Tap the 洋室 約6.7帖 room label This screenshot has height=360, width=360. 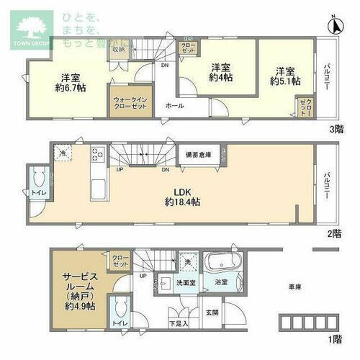[70, 83]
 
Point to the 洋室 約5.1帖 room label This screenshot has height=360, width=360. [284, 76]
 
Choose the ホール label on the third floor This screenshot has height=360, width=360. [174, 106]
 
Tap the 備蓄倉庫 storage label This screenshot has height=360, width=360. [198, 154]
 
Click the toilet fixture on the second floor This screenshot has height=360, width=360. [39, 178]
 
